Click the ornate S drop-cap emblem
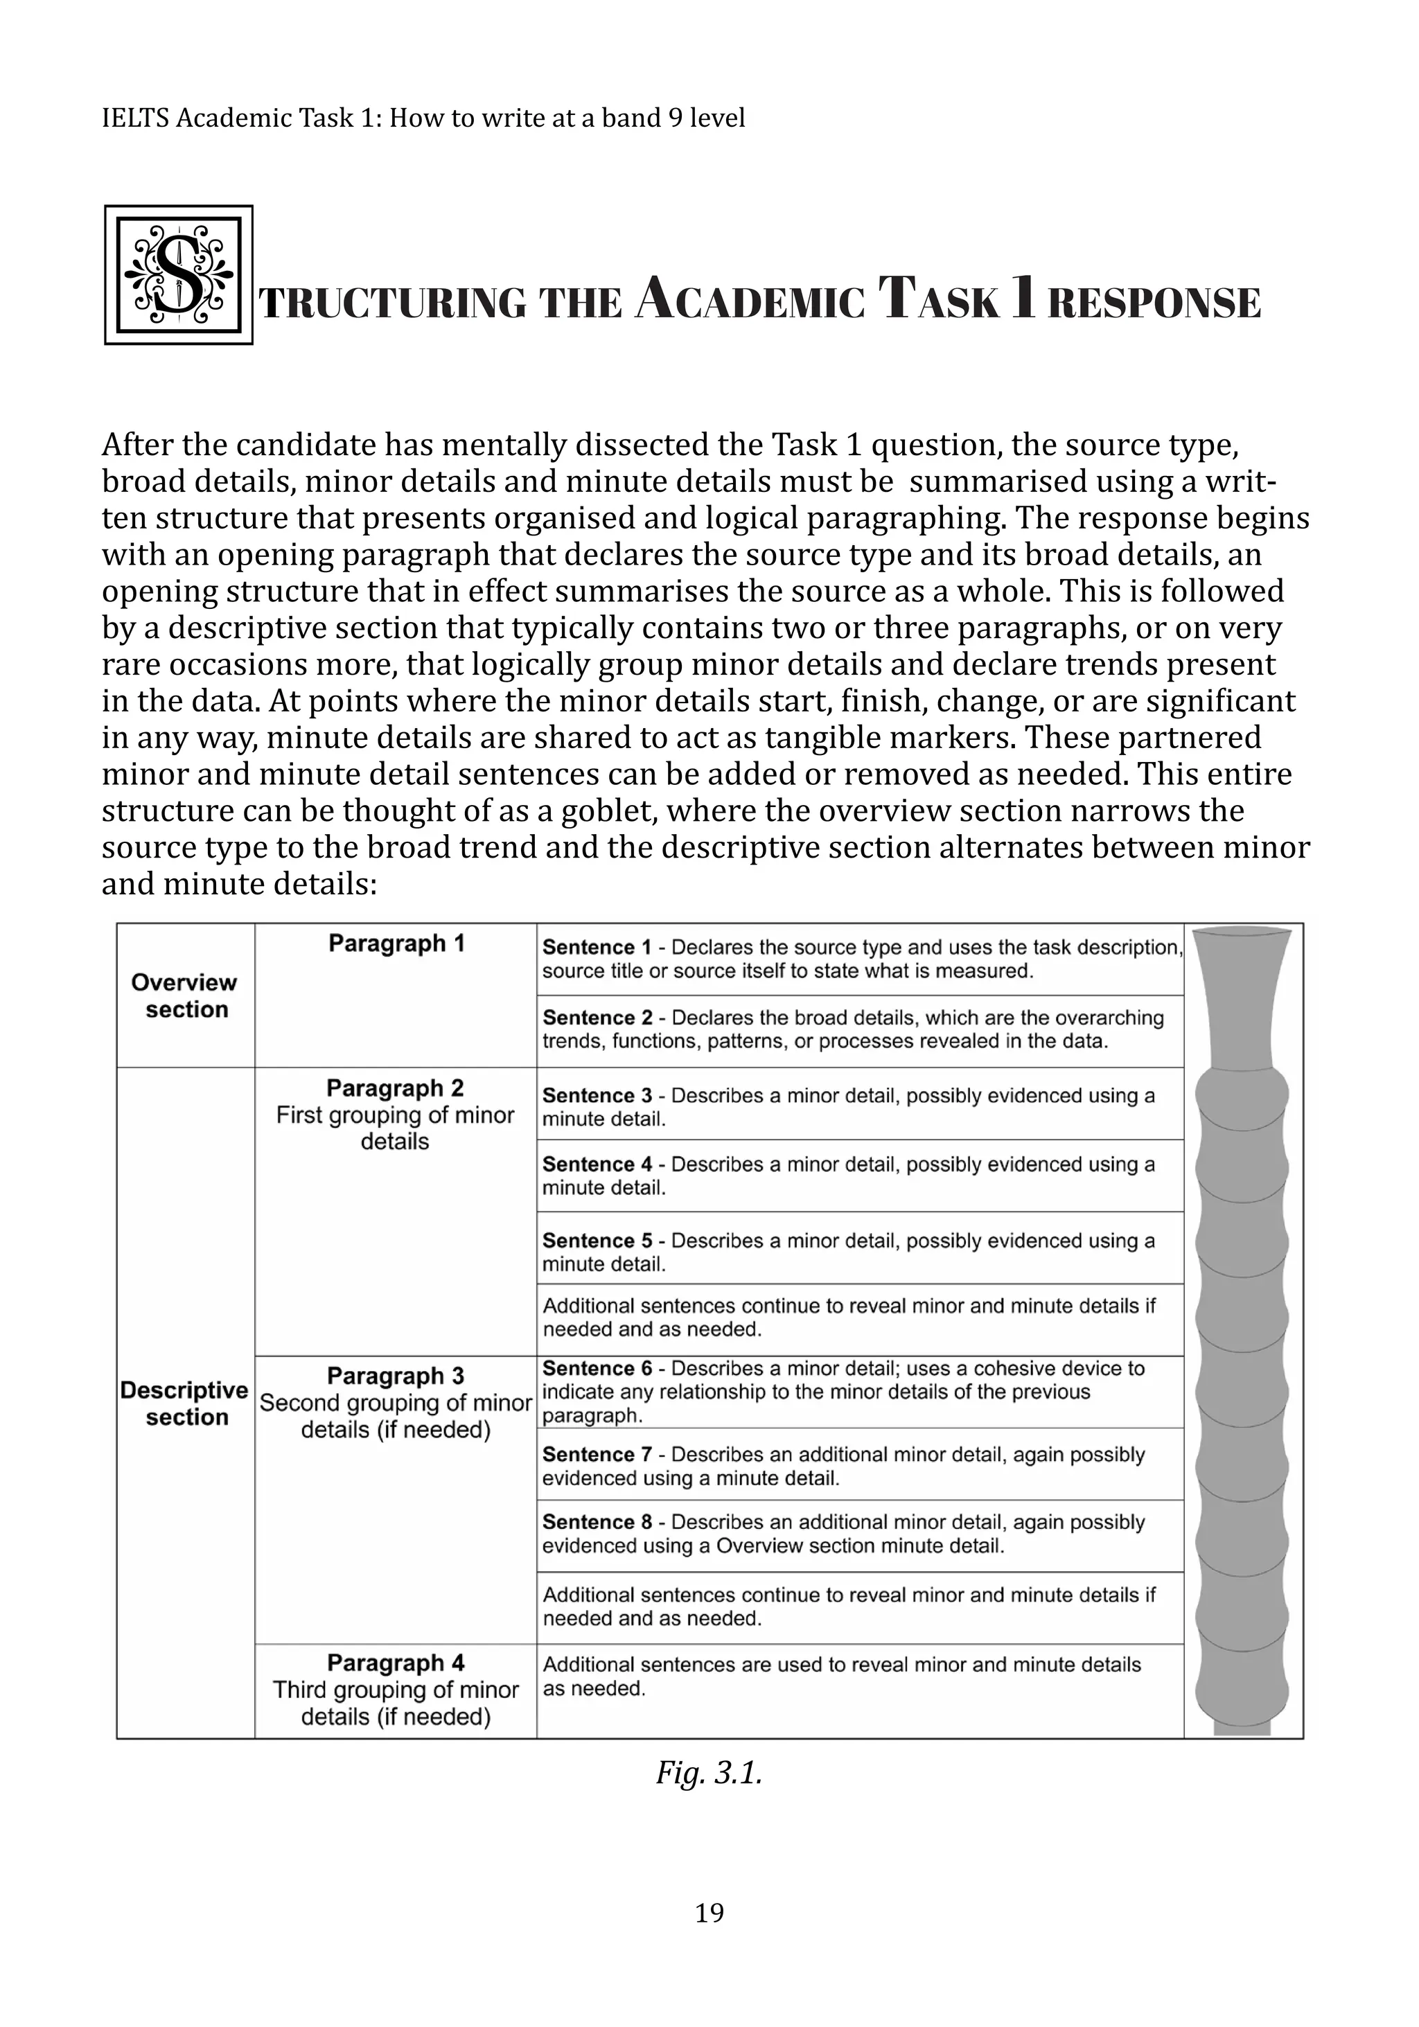tap(178, 274)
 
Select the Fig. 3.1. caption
tap(709, 1772)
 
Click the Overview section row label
tap(184, 996)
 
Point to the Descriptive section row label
tap(184, 1403)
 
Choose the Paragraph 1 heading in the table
tap(396, 944)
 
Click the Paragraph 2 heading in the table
tap(395, 1088)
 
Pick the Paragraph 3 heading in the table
tap(395, 1376)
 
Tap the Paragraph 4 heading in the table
tap(395, 1663)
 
